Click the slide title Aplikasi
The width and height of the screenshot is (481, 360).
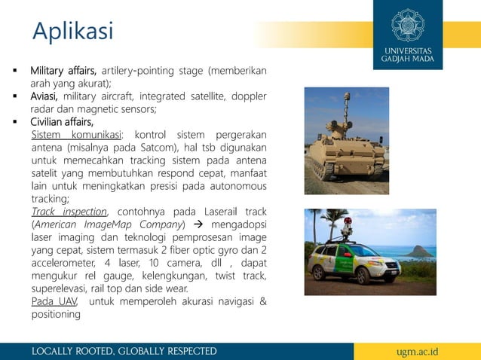click(72, 31)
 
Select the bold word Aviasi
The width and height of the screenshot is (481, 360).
click(45, 96)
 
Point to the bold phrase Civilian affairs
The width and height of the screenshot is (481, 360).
click(62, 122)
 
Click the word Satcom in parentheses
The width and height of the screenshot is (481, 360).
click(176, 148)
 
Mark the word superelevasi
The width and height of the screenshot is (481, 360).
click(62, 288)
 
